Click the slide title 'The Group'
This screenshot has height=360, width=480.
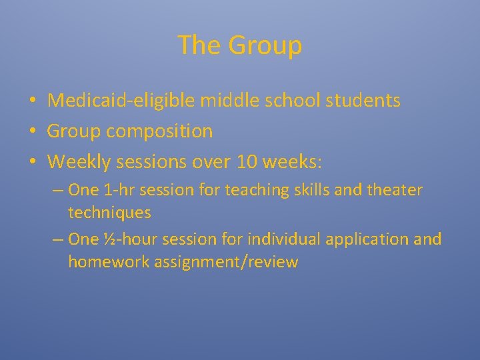coord(240,45)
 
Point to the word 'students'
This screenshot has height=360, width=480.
coord(363,101)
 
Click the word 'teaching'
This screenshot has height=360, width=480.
coord(254,190)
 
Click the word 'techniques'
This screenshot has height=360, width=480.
coord(109,213)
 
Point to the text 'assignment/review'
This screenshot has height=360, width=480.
coord(225,262)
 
